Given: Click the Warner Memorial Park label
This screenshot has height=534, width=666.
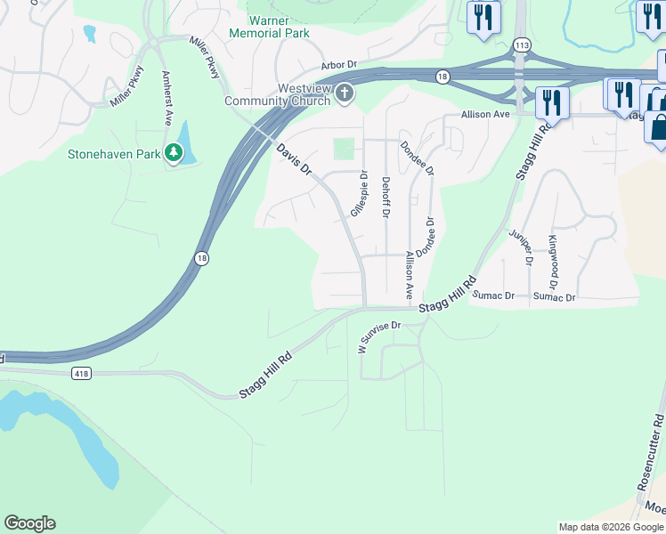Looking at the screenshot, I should (269, 27).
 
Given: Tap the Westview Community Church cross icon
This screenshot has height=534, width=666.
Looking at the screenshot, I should (344, 94).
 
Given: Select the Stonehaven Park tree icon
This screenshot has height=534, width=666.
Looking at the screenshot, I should (174, 154).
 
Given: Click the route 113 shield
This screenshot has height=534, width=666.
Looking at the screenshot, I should (522, 44).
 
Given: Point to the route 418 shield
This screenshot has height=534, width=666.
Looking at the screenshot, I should (83, 374).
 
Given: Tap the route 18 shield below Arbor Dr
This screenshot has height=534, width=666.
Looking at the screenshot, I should (443, 77).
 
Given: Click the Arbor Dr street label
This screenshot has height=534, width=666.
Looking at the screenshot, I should (338, 65).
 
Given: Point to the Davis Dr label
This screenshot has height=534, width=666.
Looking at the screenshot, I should (294, 158).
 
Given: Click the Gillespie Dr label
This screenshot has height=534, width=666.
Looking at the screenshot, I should (359, 194).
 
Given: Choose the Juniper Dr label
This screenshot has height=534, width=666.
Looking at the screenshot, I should (521, 247).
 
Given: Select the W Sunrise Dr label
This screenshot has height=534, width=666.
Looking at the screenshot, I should (381, 336).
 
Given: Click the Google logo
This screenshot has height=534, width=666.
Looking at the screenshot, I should (29, 523).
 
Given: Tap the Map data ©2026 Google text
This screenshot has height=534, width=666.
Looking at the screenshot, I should (610, 527).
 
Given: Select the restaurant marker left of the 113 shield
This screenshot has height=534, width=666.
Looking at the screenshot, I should (483, 17).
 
